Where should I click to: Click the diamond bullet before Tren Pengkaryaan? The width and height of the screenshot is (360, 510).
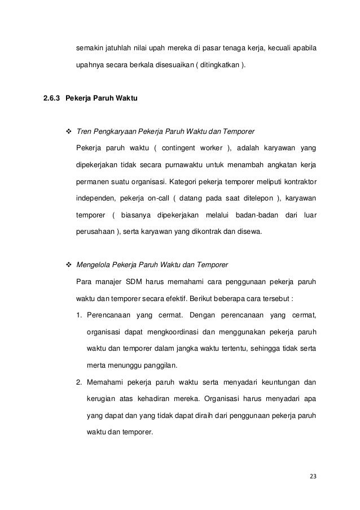pyautogui.click(x=69, y=132)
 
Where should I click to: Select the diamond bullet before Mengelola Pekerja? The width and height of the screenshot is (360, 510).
pyautogui.click(x=69, y=265)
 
